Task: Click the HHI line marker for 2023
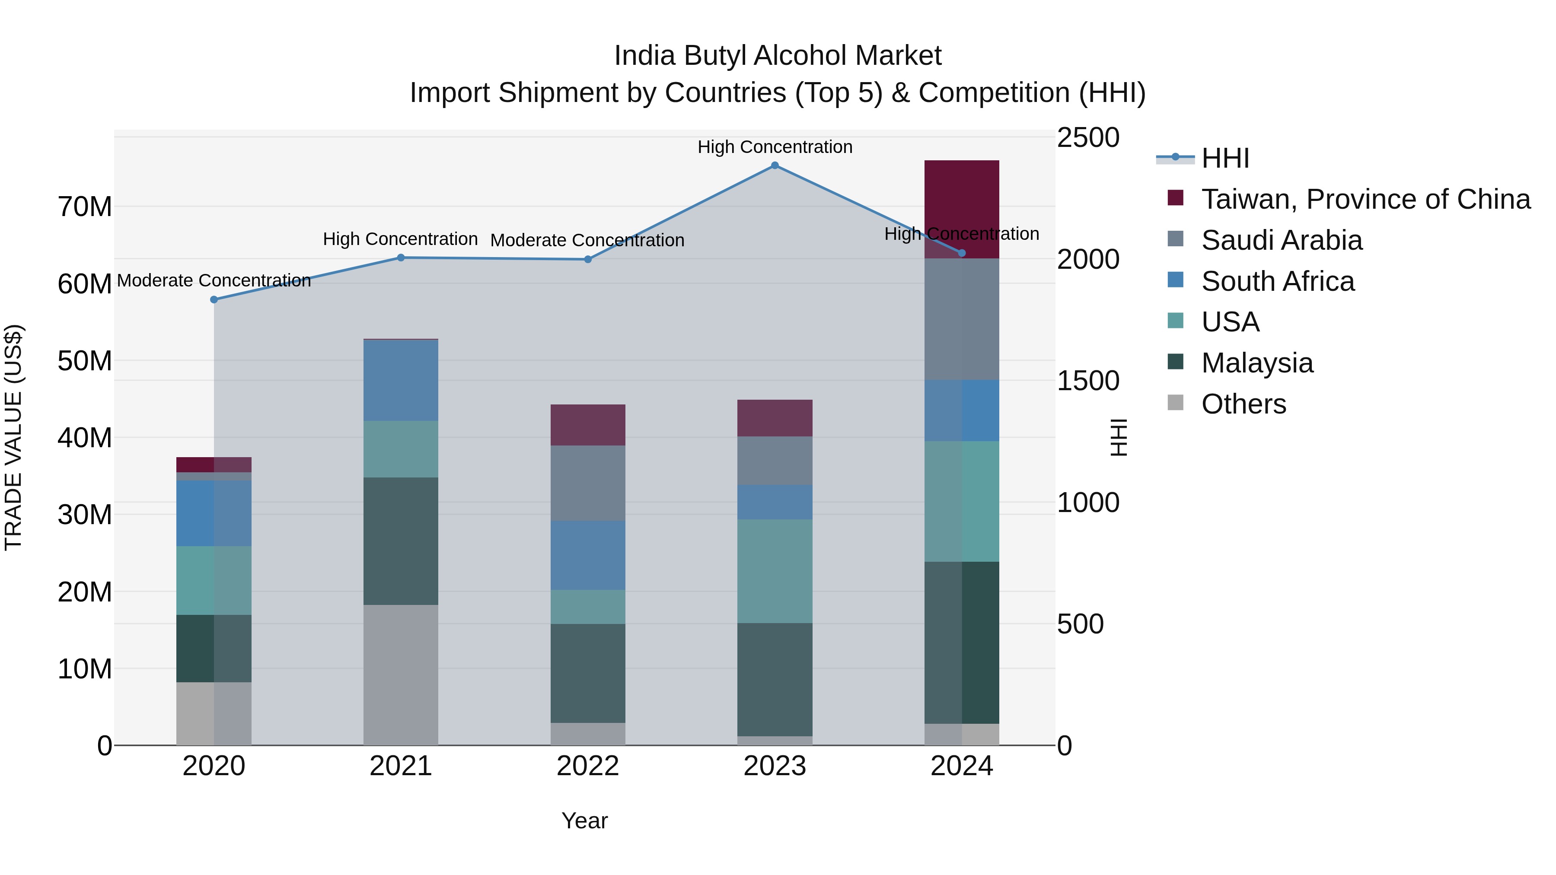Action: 775,165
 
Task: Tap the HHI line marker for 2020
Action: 214,299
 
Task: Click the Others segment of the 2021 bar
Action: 401,675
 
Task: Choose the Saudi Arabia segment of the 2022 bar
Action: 588,483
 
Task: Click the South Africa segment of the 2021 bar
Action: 401,380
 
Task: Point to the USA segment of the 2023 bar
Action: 775,571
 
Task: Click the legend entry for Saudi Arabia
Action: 1281,240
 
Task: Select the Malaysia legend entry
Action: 1256,363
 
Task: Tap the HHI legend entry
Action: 1224,158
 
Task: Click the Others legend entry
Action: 1243,404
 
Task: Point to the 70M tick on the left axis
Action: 85,207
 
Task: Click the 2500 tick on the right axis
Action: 1088,138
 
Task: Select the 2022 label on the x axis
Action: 588,766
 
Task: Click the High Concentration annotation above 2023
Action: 775,147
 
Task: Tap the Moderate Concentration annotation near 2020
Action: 214,281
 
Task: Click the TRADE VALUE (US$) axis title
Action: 13,437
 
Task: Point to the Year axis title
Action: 584,821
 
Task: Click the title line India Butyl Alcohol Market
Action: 778,56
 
